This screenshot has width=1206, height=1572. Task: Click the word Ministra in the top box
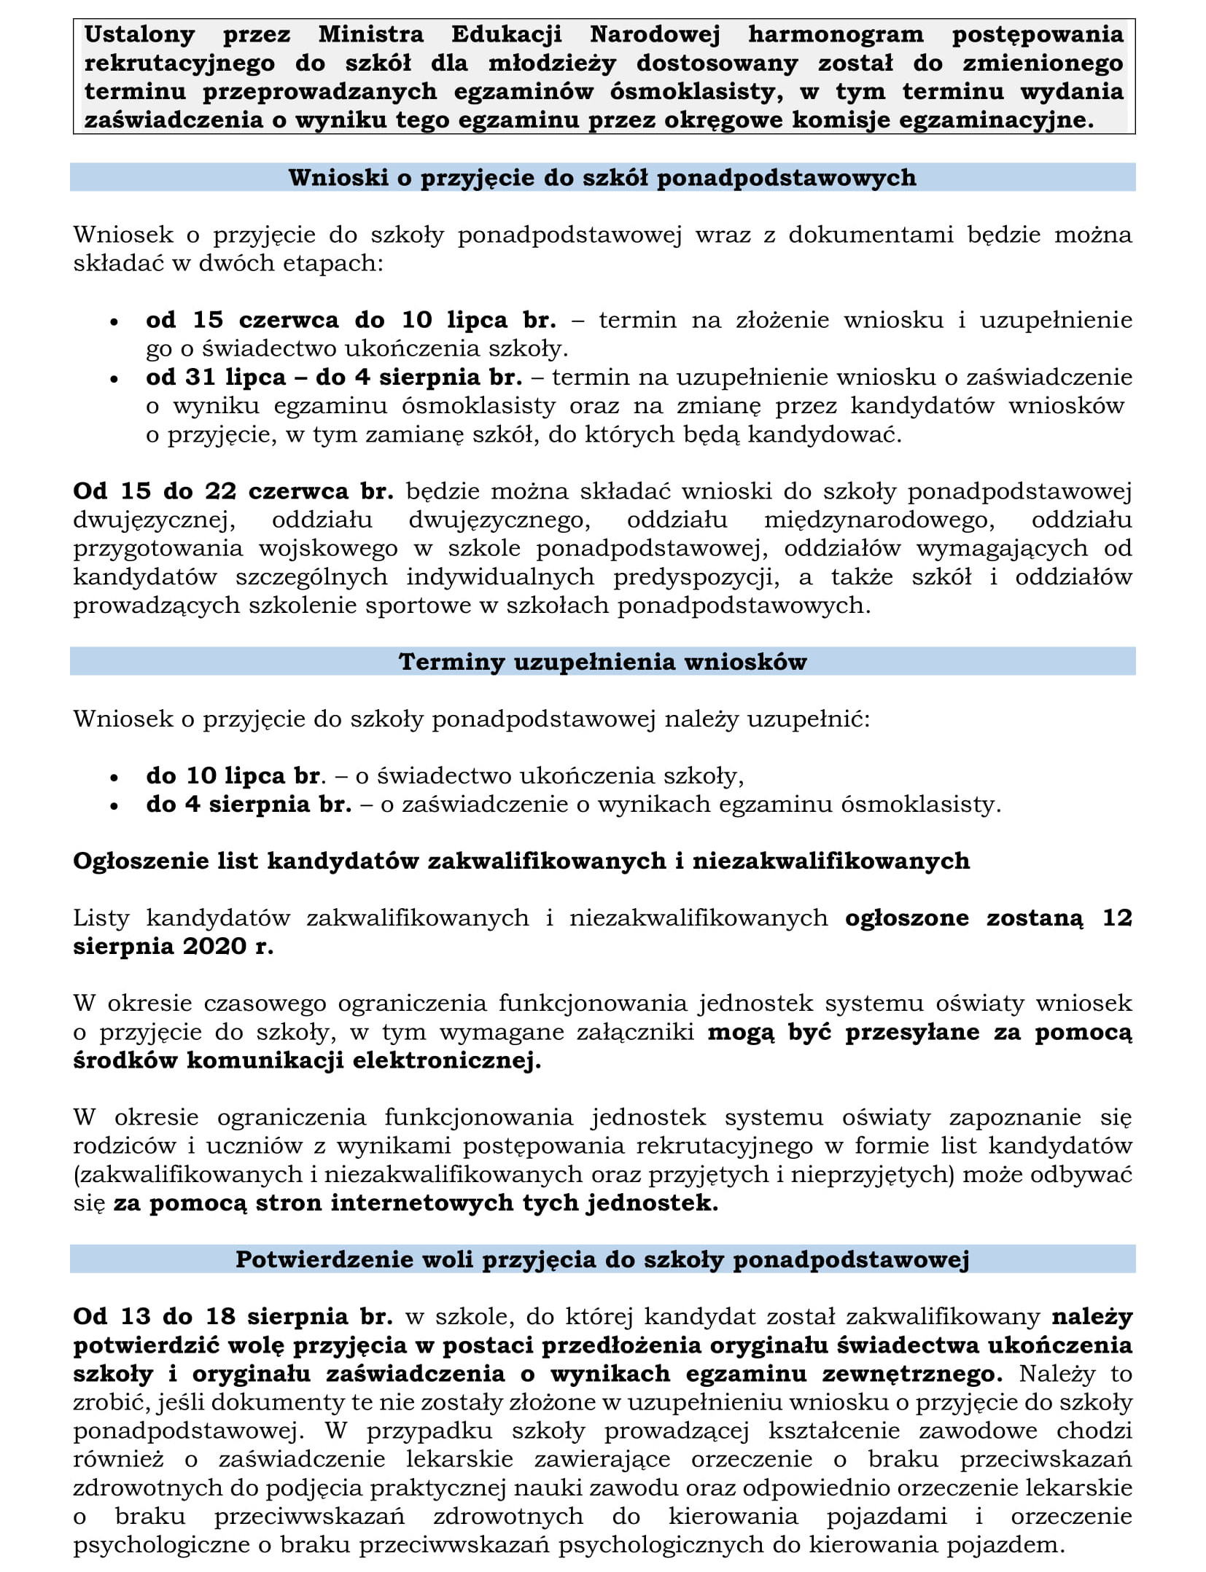370,34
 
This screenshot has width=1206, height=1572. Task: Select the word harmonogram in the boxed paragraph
836,34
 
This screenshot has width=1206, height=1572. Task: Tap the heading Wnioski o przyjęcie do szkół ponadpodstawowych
602,178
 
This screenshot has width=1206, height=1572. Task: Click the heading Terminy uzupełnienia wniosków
602,662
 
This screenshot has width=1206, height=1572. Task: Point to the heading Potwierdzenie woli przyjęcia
602,1260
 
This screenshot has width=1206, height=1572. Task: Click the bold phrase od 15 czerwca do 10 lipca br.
351,320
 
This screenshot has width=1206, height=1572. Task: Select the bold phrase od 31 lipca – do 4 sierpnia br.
334,378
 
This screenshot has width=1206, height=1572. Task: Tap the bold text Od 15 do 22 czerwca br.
233,491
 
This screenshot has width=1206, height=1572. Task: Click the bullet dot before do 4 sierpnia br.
114,806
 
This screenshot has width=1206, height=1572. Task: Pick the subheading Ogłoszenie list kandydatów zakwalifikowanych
521,861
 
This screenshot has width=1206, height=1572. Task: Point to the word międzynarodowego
879,520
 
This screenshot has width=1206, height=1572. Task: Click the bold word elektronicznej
447,1060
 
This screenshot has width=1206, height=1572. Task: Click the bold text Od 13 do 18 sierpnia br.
233,1317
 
